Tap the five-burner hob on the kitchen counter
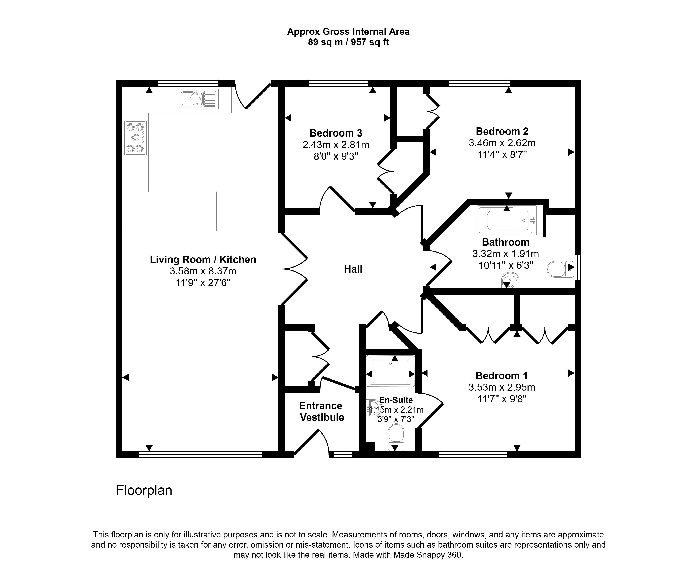(135, 138)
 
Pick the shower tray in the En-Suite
(390, 371)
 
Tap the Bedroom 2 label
(502, 131)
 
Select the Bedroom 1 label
(501, 376)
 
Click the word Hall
(353, 269)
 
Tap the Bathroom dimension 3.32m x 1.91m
(505, 254)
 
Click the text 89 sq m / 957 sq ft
(348, 42)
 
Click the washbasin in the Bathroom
(510, 281)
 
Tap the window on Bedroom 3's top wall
(338, 83)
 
